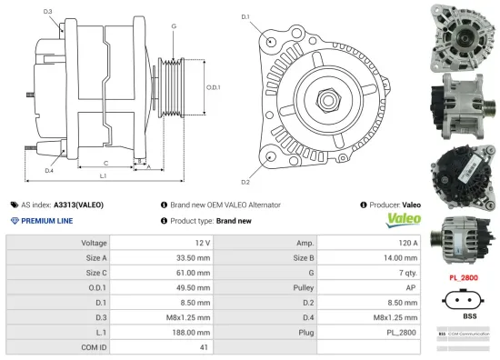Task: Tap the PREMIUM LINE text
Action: [x=45, y=221]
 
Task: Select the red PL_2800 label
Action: [x=465, y=275]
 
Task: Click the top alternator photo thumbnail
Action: [x=464, y=33]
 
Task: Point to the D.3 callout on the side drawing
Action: [x=47, y=12]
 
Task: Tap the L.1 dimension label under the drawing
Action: [x=103, y=175]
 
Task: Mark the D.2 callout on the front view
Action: [x=245, y=169]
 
